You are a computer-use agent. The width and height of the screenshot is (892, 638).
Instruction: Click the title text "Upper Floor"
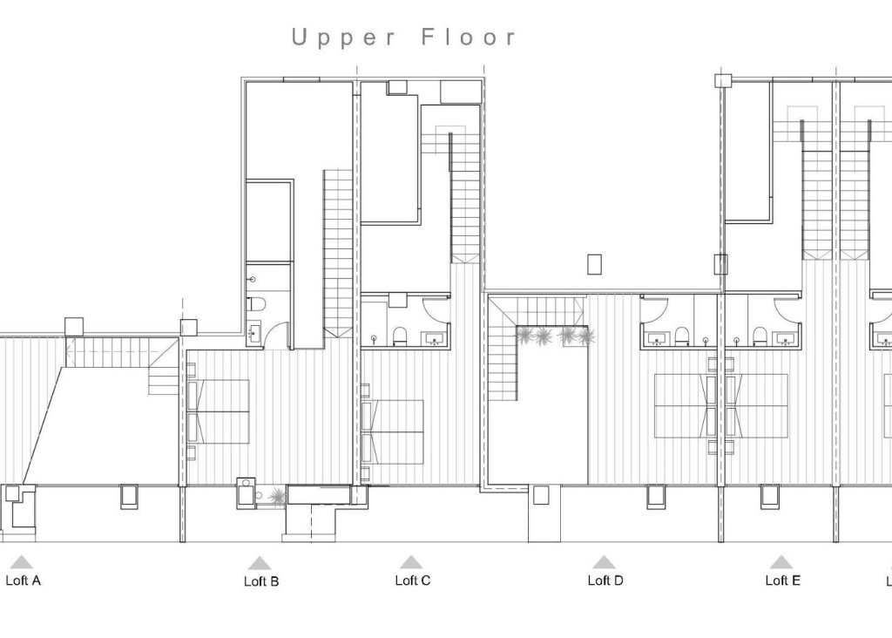[x=404, y=37]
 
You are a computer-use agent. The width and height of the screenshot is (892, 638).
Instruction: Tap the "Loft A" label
[x=24, y=580]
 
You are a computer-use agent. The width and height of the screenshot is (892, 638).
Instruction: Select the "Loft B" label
[x=261, y=581]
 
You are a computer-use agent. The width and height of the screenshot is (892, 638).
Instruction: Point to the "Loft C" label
[x=412, y=580]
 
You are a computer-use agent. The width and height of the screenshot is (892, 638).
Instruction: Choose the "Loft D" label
[x=605, y=580]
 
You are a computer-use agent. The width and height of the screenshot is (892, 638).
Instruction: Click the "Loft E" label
[x=782, y=580]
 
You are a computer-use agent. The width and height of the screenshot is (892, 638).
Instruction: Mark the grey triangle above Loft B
[x=260, y=563]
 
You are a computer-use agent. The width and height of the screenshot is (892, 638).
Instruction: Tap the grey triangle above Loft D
[x=604, y=562]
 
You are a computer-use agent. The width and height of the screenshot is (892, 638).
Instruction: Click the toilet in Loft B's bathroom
[x=253, y=305]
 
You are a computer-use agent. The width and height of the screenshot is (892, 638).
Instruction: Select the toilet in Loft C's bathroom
[x=401, y=336]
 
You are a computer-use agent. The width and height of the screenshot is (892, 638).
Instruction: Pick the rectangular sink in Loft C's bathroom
[x=432, y=339]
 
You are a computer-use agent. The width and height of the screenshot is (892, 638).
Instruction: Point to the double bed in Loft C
[x=394, y=431]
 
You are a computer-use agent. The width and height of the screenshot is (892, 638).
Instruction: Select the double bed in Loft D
[x=684, y=405]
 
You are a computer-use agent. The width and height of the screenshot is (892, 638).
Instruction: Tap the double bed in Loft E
[x=756, y=405]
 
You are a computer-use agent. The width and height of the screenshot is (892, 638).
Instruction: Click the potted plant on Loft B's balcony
[x=277, y=497]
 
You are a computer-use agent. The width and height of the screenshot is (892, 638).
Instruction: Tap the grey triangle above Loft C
[x=411, y=562]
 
